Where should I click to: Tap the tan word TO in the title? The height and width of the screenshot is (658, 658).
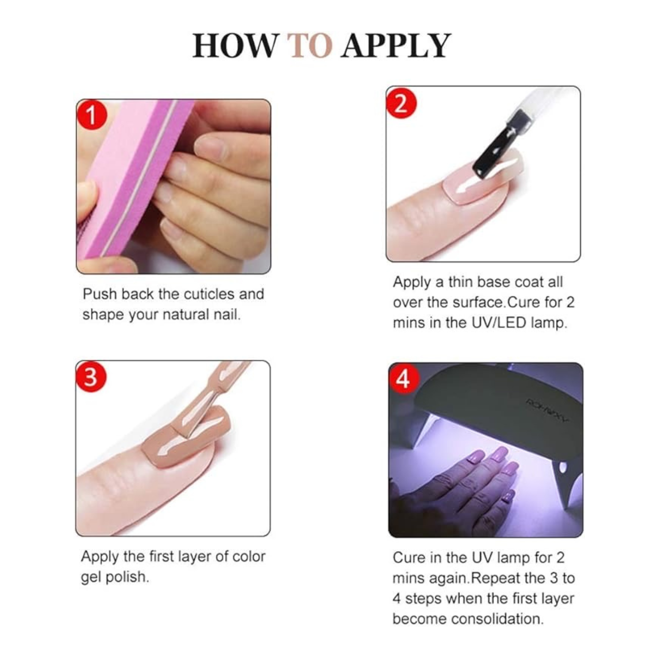pyautogui.click(x=309, y=46)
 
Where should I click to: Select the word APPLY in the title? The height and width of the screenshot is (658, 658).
pyautogui.click(x=396, y=46)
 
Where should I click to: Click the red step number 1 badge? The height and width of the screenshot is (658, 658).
pyautogui.click(x=92, y=115)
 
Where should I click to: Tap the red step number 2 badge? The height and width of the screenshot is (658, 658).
pyautogui.click(x=401, y=103)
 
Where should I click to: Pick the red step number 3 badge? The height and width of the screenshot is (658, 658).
pyautogui.click(x=91, y=377)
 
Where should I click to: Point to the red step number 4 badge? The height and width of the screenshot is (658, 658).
pyautogui.click(x=403, y=379)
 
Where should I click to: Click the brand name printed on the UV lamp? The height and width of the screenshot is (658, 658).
pyautogui.click(x=547, y=410)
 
